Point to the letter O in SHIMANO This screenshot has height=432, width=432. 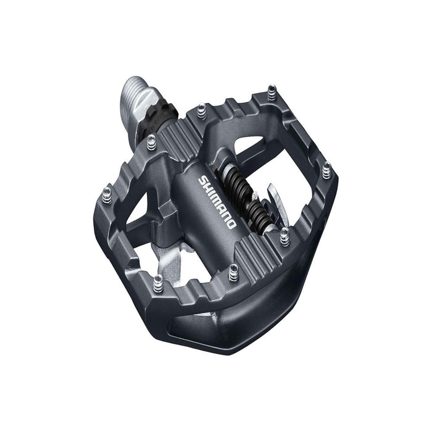pyautogui.click(x=231, y=223)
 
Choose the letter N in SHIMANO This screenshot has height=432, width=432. pyautogui.click(x=226, y=216)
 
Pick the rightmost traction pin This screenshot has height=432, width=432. pyautogui.click(x=326, y=167)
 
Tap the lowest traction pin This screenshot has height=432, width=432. pyautogui.click(x=158, y=281)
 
